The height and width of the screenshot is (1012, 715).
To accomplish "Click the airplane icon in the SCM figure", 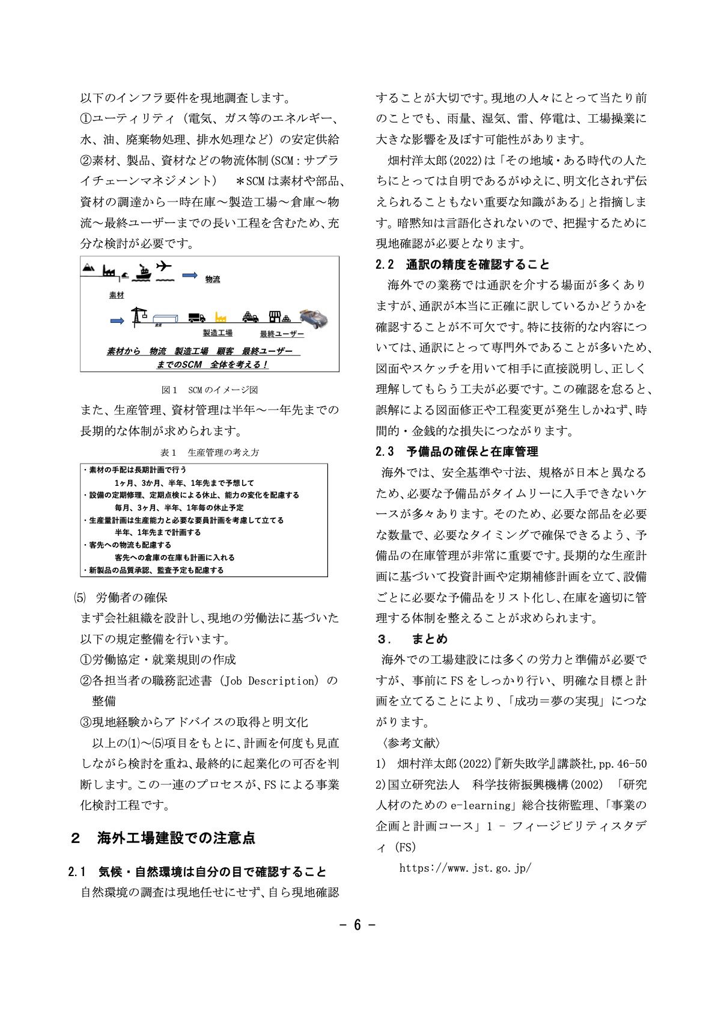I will (x=163, y=266).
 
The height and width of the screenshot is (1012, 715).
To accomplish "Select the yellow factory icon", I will (x=219, y=317).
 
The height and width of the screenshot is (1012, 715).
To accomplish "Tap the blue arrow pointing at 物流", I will (x=189, y=275).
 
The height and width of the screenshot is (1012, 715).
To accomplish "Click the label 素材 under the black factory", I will (x=116, y=295).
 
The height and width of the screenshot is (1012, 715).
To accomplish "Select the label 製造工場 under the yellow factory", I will (x=218, y=333).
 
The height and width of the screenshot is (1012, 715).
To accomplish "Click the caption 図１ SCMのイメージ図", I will (x=210, y=390).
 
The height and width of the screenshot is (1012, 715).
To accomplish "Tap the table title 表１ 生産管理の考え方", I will (x=210, y=452).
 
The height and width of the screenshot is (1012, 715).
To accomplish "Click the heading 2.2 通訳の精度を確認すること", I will (x=463, y=265).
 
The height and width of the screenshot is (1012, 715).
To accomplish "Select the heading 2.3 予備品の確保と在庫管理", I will (x=457, y=452).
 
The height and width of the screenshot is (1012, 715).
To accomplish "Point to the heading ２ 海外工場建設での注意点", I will (x=163, y=838).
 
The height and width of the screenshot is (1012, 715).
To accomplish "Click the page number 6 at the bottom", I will (x=357, y=925).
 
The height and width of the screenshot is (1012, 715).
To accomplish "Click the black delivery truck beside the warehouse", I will (x=196, y=317).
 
